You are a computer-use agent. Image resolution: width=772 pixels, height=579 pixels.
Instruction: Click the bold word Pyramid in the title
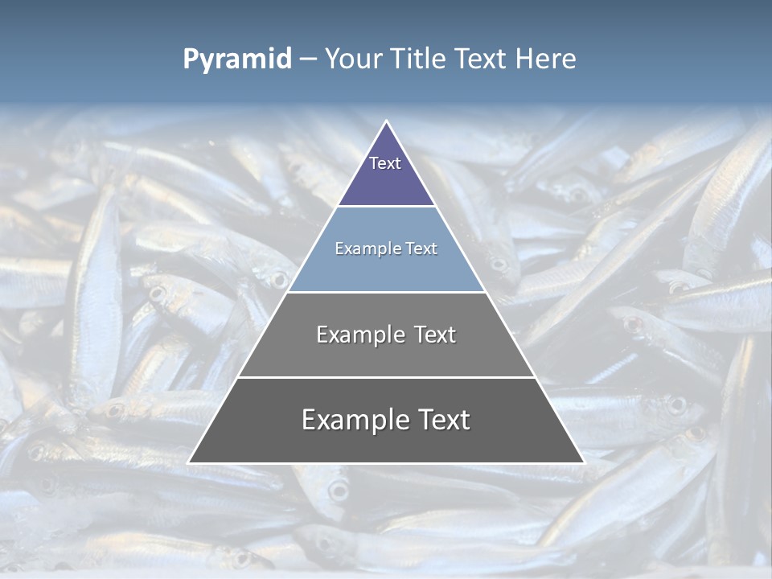[x=237, y=60]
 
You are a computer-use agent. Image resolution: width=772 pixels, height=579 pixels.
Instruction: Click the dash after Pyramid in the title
[x=308, y=60]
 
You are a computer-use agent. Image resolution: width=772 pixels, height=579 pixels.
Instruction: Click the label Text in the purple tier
[x=385, y=163]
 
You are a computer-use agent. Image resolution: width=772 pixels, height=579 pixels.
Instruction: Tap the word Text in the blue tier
[x=423, y=248]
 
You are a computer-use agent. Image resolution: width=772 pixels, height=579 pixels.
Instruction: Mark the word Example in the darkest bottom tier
[x=351, y=420]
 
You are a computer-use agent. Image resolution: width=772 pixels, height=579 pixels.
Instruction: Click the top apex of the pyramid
[x=386, y=122]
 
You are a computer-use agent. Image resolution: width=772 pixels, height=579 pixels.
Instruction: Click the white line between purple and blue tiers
[x=386, y=206]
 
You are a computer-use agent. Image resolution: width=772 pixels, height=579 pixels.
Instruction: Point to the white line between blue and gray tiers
[x=386, y=292]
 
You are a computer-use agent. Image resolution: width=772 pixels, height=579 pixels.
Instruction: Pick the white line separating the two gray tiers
[x=386, y=377]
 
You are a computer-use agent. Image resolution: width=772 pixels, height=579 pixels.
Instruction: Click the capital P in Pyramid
[x=191, y=59]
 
